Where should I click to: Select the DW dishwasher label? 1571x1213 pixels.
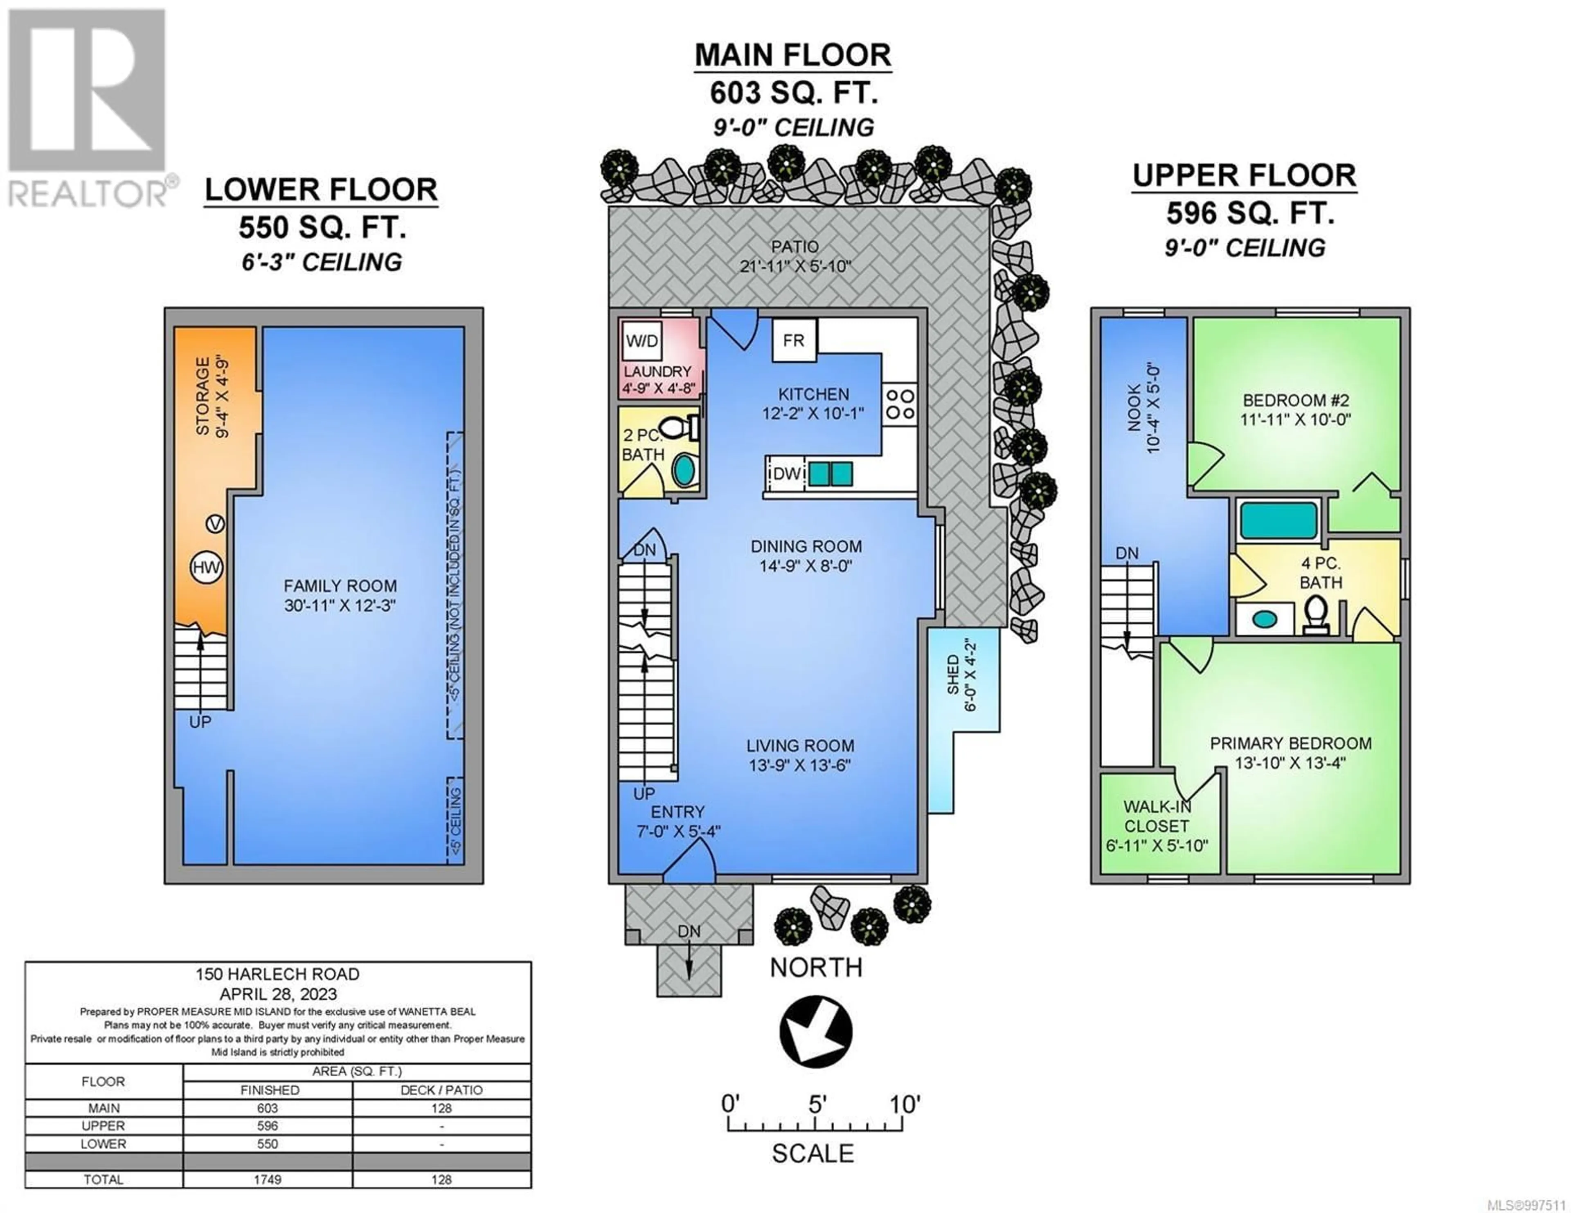(786, 474)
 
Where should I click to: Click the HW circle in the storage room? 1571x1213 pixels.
(207, 568)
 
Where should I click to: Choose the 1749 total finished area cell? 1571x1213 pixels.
(268, 1179)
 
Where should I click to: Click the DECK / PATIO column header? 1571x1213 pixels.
(442, 1090)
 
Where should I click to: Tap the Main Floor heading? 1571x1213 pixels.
(793, 55)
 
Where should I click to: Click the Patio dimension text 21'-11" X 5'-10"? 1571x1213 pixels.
(796, 266)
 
